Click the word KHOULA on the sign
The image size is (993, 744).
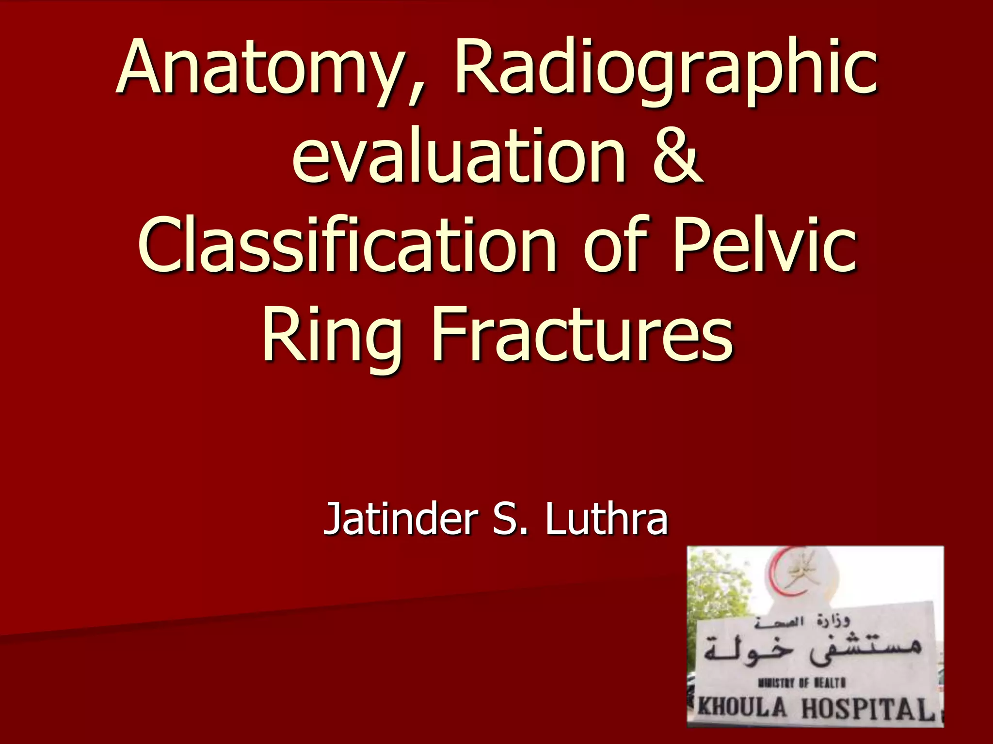point(742,708)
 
